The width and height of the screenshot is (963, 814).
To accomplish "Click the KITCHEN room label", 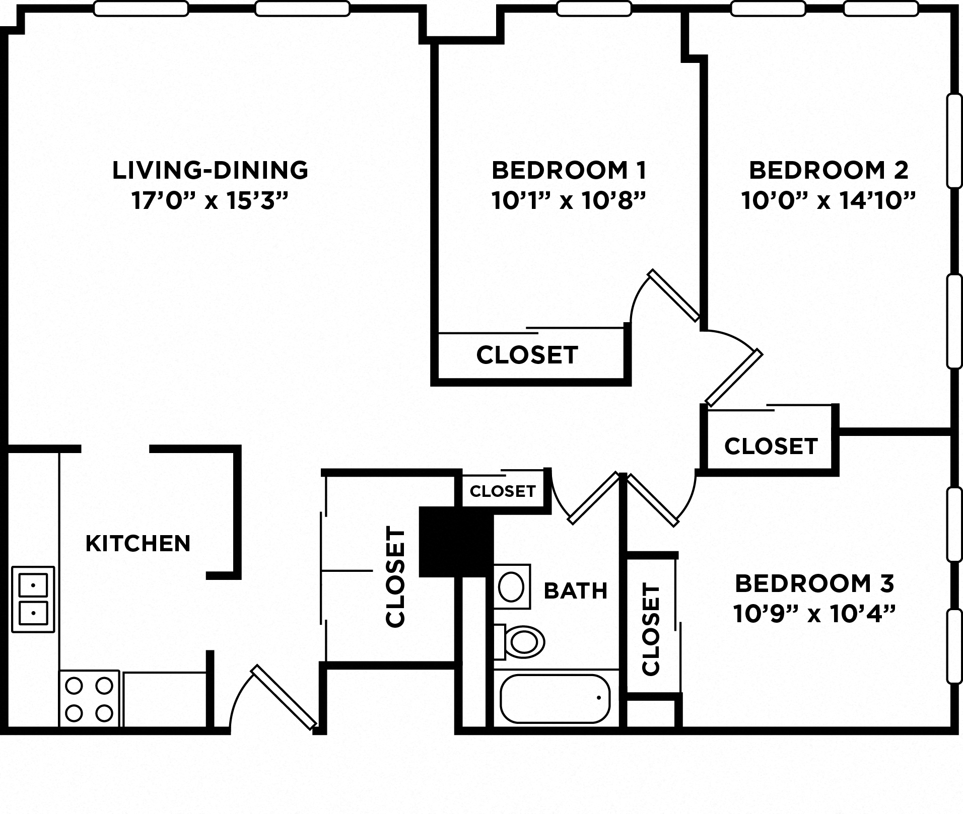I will pos(138,544).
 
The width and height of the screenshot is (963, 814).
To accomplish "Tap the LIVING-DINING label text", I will pos(210,170).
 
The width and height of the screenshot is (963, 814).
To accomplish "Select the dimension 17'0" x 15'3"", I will pos(210,201).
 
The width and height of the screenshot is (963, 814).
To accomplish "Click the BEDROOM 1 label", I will pos(569,170).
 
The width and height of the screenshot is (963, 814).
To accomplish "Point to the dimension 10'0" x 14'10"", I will pos(828,201).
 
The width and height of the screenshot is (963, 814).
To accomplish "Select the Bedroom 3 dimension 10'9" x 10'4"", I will pos(814,615).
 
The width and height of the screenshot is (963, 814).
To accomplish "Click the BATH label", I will pos(576,590).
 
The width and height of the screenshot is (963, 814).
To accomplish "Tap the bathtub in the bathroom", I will pos(555,698).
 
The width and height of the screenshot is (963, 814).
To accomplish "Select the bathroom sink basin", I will pos(511,586).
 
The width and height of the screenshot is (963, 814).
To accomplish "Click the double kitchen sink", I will pos(33,599).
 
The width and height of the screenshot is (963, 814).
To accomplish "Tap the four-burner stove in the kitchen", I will pos(89,699).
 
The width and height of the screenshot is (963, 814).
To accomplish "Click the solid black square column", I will pos(455,542).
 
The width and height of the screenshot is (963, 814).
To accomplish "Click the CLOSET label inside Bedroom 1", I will pos(527,355).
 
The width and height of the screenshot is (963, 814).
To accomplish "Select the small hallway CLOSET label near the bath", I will pos(503,491).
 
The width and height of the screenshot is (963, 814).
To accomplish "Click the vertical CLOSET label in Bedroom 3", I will pos(651,629).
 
